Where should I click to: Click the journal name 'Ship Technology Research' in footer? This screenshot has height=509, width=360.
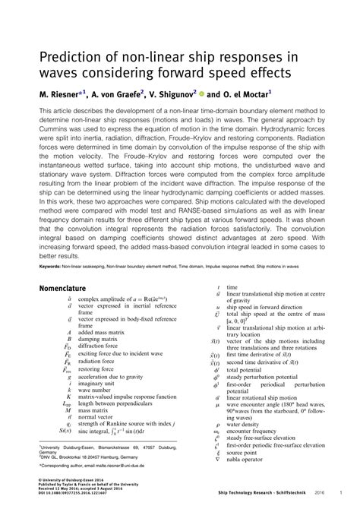coord(247,501)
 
